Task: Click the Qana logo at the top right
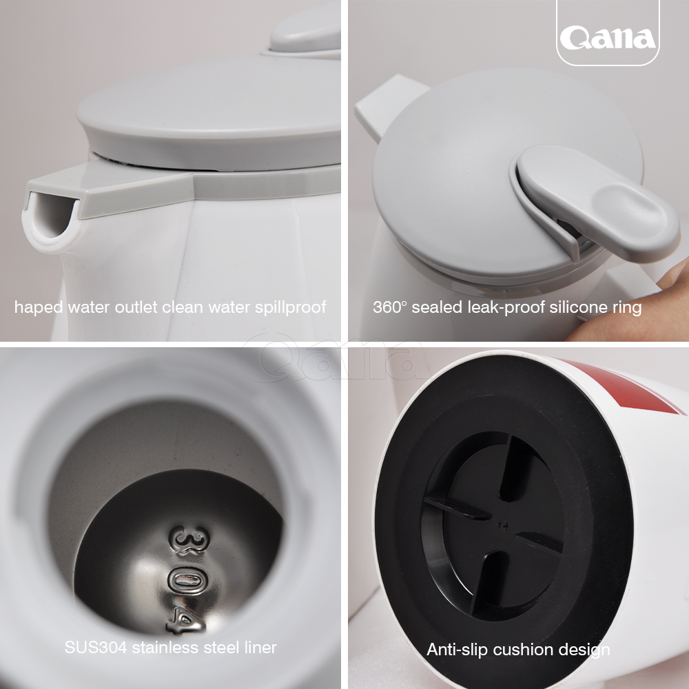pyautogui.click(x=608, y=38)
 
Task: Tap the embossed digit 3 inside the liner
pyautogui.click(x=190, y=540)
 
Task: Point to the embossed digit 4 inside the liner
pyautogui.click(x=186, y=621)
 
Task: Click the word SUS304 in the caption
pyautogui.click(x=96, y=647)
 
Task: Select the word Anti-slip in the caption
pyautogui.click(x=455, y=650)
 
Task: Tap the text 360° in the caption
pyautogui.click(x=390, y=307)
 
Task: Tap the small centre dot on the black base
pyautogui.click(x=504, y=524)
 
